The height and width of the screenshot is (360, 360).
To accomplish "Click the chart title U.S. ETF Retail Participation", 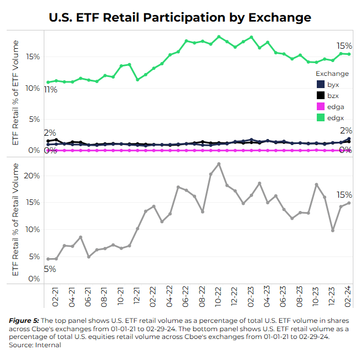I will tap(180, 17).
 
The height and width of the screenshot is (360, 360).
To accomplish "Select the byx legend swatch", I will tap(320, 85).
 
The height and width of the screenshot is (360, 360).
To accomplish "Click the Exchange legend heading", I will tap(332, 74).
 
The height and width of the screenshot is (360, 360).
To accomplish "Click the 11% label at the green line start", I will tap(50, 90).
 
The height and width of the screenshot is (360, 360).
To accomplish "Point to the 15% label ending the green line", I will tap(344, 45).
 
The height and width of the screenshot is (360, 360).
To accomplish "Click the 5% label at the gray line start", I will tap(50, 269).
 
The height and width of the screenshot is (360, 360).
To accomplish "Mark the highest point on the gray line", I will tap(219, 164).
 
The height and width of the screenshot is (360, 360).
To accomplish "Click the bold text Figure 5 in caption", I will tap(24, 321).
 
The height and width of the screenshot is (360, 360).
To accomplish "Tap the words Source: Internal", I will tap(35, 345).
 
